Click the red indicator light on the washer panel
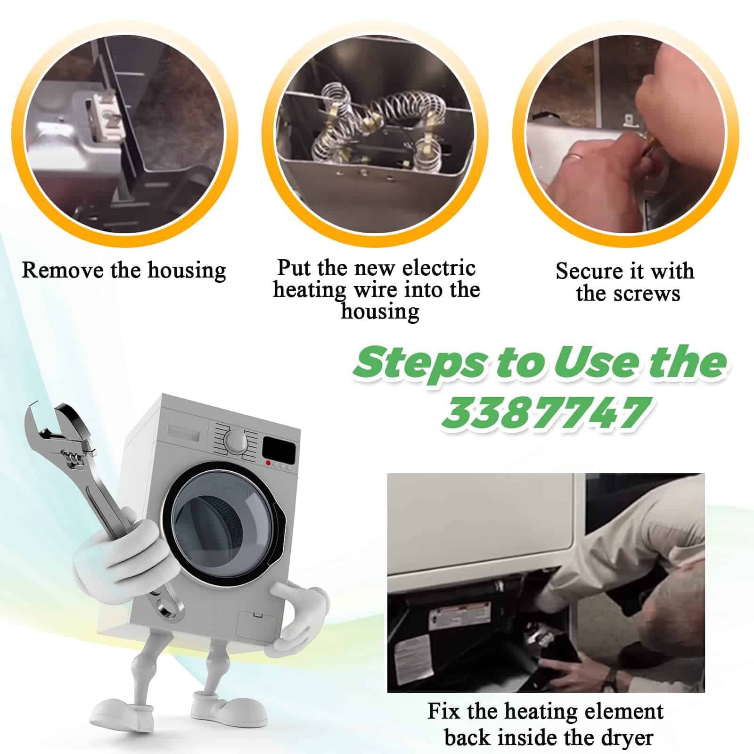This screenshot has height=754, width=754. (269, 464)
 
